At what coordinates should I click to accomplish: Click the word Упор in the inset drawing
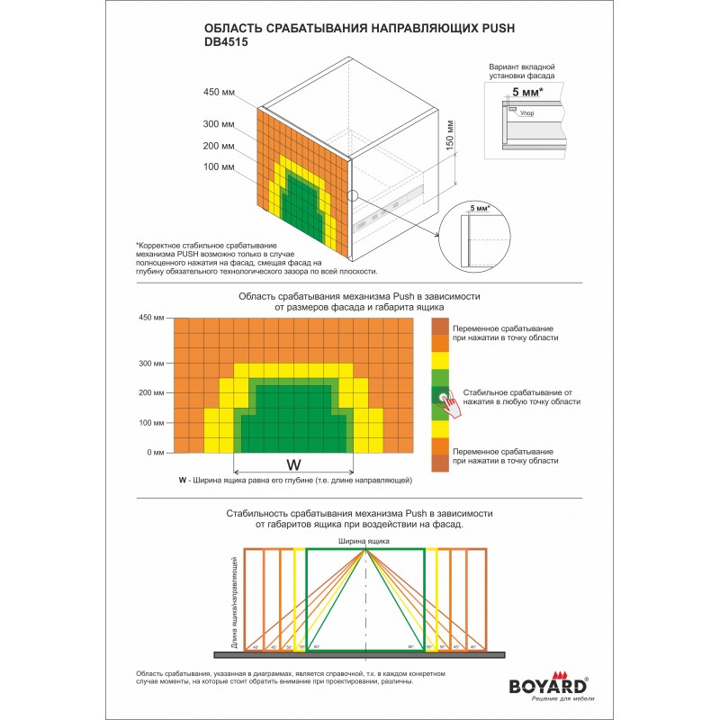[x=527, y=114]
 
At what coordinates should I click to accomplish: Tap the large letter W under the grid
[x=292, y=464]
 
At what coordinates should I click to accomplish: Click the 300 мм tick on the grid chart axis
[x=151, y=364]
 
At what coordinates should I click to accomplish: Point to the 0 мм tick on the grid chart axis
[x=156, y=452]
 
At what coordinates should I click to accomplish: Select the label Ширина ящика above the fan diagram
[x=364, y=541]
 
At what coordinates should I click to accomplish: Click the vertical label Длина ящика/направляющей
[x=234, y=607]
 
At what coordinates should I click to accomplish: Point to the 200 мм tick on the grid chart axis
[x=151, y=392]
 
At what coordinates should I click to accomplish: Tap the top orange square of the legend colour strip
[x=439, y=325]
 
